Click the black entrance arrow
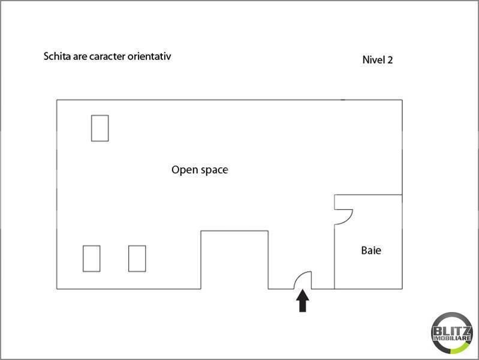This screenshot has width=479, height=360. coord(302,301)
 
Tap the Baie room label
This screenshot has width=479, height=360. coord(371,251)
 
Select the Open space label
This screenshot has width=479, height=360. coord(200,170)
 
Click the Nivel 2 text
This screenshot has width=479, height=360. coord(378,60)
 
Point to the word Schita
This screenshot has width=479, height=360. coord(57,56)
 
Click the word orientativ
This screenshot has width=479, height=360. coord(149,56)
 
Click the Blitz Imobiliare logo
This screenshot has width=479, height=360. coord(452,333)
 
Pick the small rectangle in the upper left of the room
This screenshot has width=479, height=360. coord(100,128)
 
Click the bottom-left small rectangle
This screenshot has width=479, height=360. coord(92,259)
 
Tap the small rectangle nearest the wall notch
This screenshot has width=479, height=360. coord(137,259)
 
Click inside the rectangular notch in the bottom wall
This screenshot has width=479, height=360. coord(234,260)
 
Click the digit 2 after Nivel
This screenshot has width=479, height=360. coord(390,60)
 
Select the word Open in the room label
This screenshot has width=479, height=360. coord(185,170)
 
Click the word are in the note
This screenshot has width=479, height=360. coord(80,57)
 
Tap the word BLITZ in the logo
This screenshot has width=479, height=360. coord(452,331)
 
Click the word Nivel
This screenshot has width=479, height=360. coord(373,60)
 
